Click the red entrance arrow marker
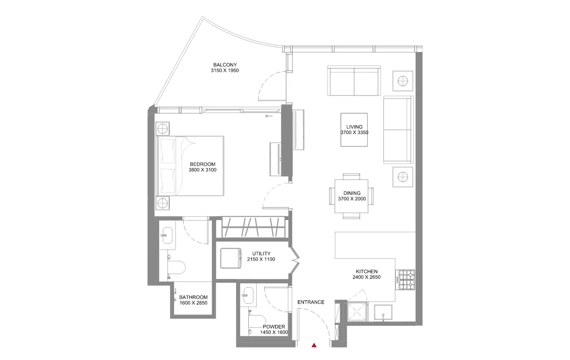point(314,345)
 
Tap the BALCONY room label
point(225,65)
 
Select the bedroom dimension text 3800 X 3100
point(202,170)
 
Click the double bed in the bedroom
point(190,166)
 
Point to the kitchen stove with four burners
point(406,279)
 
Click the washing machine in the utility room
point(230,258)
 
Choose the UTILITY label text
point(261,254)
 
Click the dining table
point(351,196)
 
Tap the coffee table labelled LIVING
point(354,130)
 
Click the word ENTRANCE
point(311,302)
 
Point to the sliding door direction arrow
point(269,117)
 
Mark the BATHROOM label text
point(192,298)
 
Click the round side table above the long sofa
point(403,80)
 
